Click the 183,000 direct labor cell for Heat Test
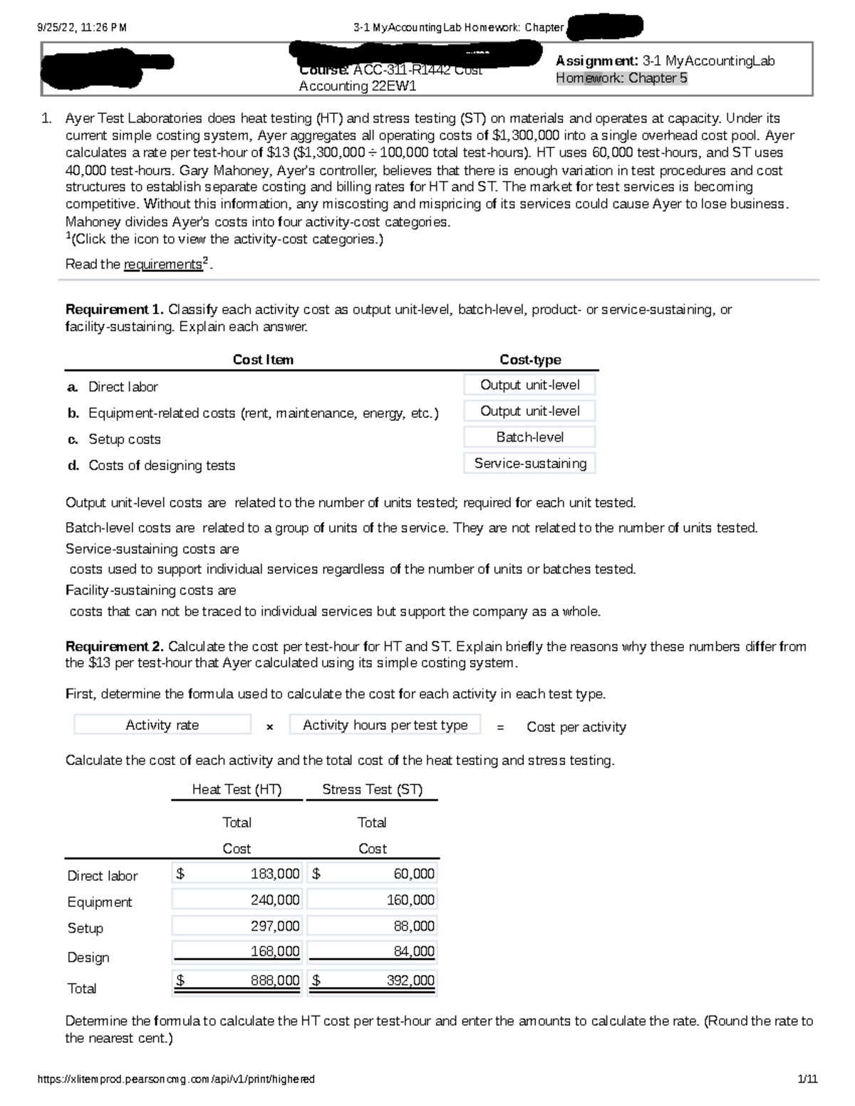coord(237,874)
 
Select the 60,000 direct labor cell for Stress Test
coord(373,874)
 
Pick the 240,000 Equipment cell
coord(237,900)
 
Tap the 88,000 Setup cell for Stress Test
coord(373,926)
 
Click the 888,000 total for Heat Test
coord(237,981)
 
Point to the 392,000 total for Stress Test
coord(373,981)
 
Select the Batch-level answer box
coord(529,437)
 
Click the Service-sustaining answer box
coord(529,464)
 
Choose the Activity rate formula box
coord(162,725)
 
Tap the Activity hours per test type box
coord(385,725)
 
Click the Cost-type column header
coord(530,360)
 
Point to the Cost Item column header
coord(263,360)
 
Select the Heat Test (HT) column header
coord(237,789)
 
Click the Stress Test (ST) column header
coord(372,789)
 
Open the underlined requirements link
coord(163,264)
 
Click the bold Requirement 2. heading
coord(115,647)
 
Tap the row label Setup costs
coord(124,439)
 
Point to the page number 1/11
coord(808,1079)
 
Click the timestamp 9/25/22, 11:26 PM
coord(82,28)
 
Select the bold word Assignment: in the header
coord(596,61)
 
